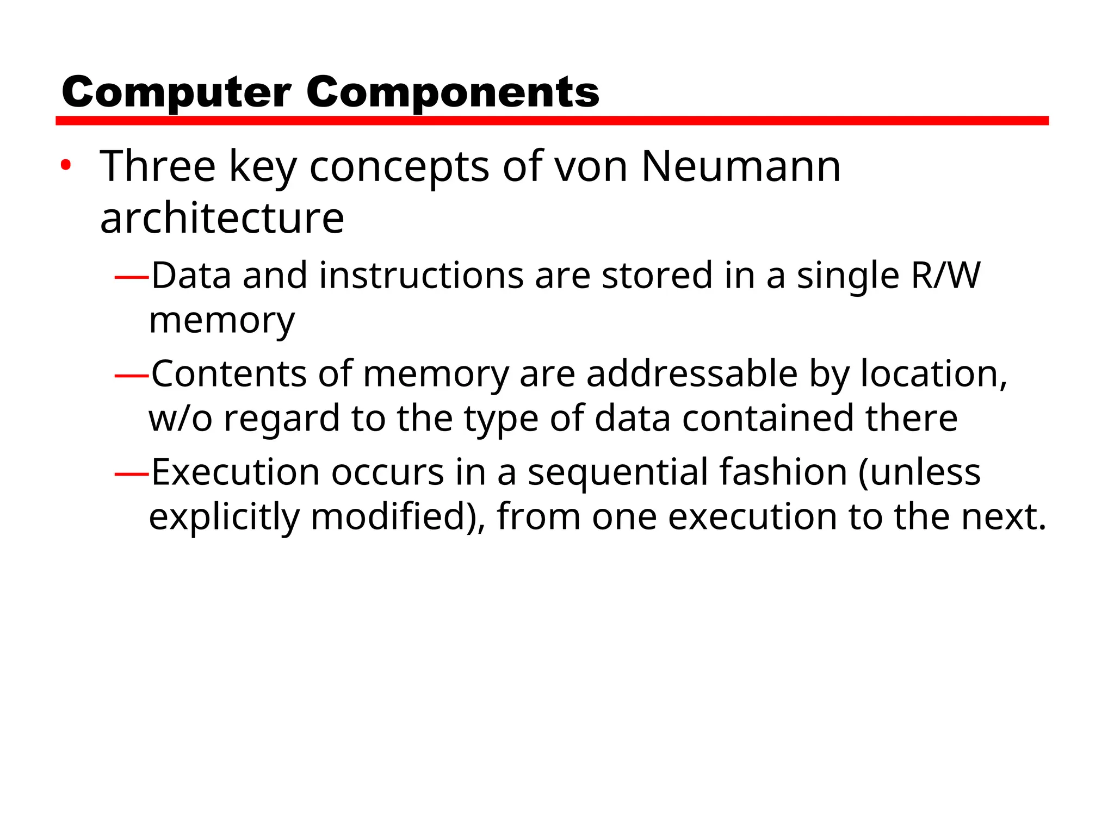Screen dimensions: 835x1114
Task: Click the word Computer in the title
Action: (176, 92)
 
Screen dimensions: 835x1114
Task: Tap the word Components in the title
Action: (453, 92)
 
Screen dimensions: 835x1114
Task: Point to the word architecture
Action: (222, 218)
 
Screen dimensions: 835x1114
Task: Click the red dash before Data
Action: (132, 277)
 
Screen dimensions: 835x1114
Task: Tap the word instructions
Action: (421, 275)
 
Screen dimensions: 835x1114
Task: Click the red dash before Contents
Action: (132, 375)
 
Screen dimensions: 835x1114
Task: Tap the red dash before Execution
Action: (132, 473)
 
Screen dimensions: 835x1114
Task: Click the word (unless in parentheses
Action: (919, 472)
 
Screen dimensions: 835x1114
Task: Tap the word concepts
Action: (399, 167)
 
